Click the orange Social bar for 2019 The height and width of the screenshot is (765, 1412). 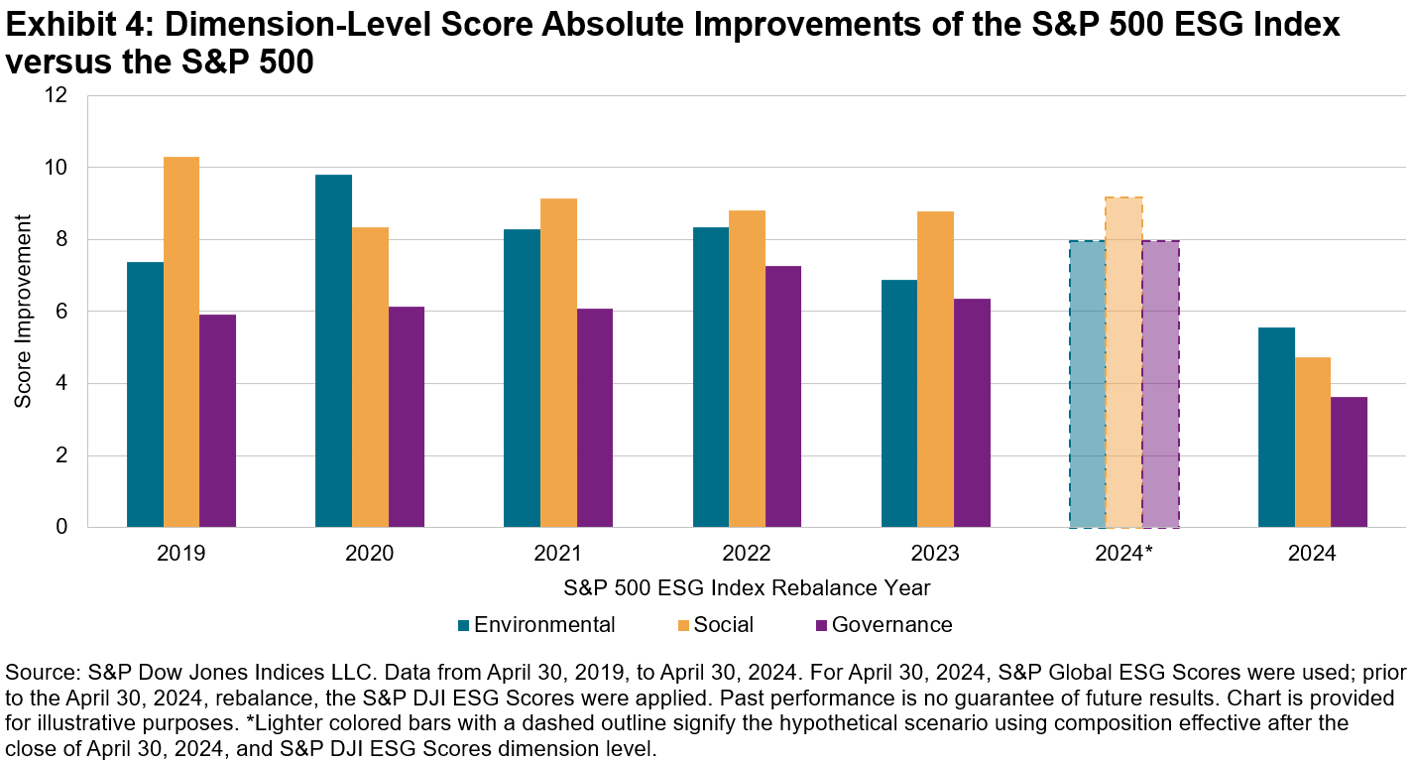pyautogui.click(x=181, y=342)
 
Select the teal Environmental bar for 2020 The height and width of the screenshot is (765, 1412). pyautogui.click(x=333, y=351)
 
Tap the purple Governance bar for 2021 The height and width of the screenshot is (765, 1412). pyautogui.click(x=595, y=418)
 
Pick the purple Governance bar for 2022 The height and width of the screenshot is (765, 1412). pyautogui.click(x=783, y=397)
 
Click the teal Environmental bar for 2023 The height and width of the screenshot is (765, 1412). pyautogui.click(x=899, y=404)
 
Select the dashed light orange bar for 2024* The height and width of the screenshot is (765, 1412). pyautogui.click(x=1123, y=363)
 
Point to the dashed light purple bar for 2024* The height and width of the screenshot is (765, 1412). pyautogui.click(x=1160, y=384)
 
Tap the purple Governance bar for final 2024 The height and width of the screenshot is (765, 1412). pyautogui.click(x=1349, y=462)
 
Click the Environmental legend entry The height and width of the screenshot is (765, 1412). pyautogui.click(x=535, y=625)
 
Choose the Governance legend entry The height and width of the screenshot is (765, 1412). pyautogui.click(x=882, y=625)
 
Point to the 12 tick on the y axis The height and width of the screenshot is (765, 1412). pyautogui.click(x=56, y=96)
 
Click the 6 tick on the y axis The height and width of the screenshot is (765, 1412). pyautogui.click(x=61, y=313)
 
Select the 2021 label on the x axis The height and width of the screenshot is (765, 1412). pyautogui.click(x=558, y=554)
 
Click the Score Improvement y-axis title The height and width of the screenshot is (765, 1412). pyautogui.click(x=23, y=312)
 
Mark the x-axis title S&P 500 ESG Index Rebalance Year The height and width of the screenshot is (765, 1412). pyautogui.click(x=747, y=587)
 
